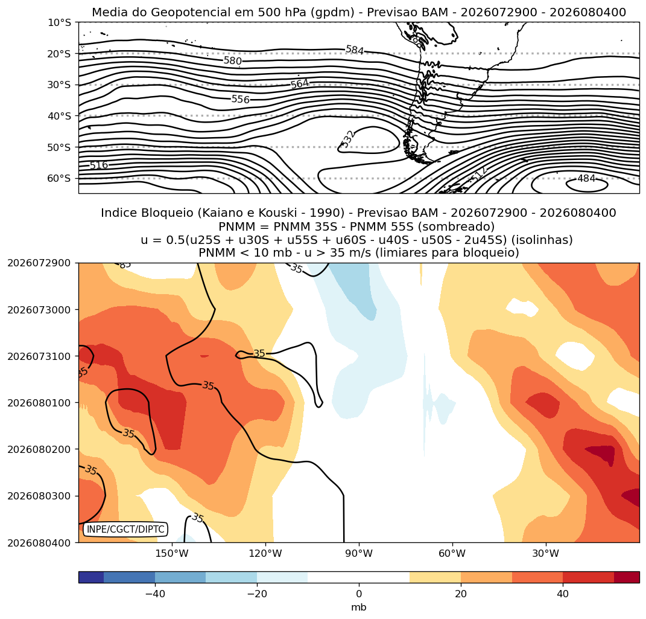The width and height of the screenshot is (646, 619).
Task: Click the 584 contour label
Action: [355, 50]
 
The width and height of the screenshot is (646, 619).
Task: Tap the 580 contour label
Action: [232, 61]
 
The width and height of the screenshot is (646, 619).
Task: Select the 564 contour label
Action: [300, 84]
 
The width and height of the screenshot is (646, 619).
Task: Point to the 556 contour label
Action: [241, 100]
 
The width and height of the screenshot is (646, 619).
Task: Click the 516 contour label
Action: [99, 165]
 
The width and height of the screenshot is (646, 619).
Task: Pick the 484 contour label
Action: [586, 179]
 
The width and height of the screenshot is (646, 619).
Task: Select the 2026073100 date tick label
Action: [39, 356]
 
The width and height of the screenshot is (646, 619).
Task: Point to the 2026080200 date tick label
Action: [39, 449]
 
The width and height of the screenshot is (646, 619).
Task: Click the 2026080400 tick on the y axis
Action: [39, 542]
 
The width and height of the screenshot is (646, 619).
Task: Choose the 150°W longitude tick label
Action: [172, 553]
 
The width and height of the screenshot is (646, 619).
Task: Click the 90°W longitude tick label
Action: [359, 553]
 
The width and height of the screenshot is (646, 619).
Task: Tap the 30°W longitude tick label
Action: [545, 553]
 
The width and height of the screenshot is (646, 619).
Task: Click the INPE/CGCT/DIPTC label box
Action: [125, 529]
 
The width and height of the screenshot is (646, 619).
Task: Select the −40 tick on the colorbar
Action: [156, 594]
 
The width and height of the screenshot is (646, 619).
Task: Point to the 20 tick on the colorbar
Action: [461, 594]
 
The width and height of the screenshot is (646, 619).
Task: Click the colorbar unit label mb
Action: [359, 608]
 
